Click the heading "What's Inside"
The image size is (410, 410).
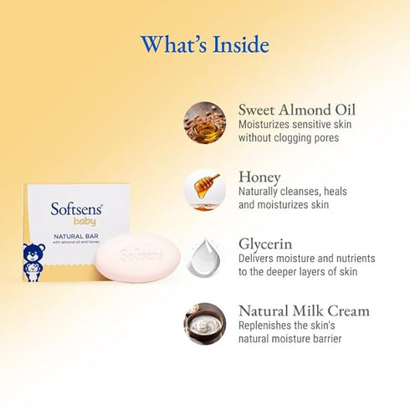pos(204,43)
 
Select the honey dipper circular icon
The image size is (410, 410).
pos(205,189)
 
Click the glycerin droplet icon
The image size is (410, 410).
pos(205,256)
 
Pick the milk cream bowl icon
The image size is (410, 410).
pos(205,323)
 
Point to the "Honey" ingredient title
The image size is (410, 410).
pos(260,177)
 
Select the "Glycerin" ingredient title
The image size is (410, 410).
pos(265,243)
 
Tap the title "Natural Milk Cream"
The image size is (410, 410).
pos(304,310)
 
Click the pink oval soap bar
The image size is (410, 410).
pos(141,257)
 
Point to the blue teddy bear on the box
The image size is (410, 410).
pos(34,262)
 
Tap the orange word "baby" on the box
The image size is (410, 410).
pos(85,221)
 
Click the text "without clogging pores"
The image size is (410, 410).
pos(289,137)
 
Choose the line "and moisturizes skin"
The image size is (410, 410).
pos(284,204)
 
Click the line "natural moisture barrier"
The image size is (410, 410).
pos(290,338)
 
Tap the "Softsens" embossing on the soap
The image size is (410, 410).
pos(141,254)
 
